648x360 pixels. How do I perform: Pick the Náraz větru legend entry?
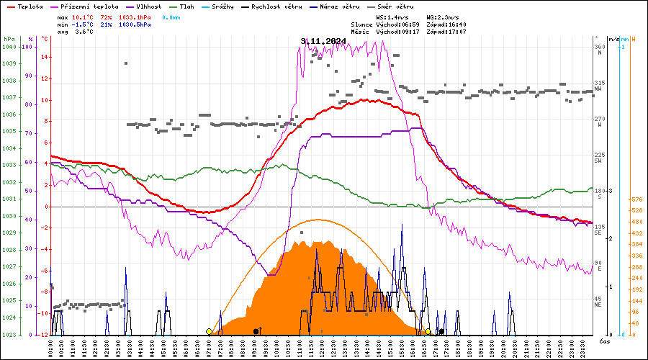pyautogui.click(x=342, y=6)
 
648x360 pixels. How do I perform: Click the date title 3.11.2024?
pyautogui.click(x=323, y=41)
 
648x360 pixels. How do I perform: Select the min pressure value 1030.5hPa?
pyautogui.click(x=135, y=24)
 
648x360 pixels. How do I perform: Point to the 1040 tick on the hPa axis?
pyautogui.click(x=9, y=47)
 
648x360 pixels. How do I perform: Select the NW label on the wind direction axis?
pyautogui.click(x=598, y=89)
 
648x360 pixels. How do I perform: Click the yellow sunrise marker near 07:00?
pyautogui.click(x=209, y=331)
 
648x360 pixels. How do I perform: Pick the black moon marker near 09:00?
pyautogui.click(x=256, y=331)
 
